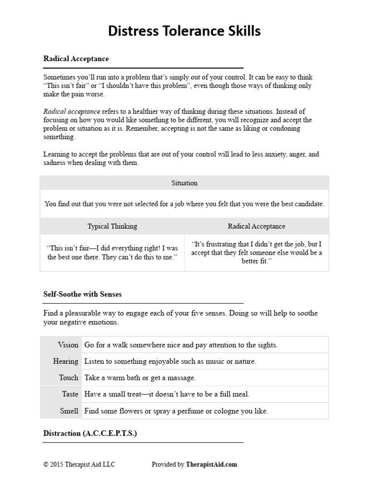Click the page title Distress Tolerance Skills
(x=184, y=31)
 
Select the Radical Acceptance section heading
(x=76, y=59)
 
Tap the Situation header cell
(x=184, y=183)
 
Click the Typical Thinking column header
(x=112, y=226)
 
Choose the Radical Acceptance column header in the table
(x=257, y=226)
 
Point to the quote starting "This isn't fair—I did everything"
(x=112, y=253)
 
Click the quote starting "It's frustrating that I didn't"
(x=257, y=253)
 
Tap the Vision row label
(x=68, y=344)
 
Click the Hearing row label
(x=66, y=361)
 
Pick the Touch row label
(x=68, y=378)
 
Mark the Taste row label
(x=70, y=394)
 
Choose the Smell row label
(x=69, y=411)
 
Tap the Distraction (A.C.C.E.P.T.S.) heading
(x=90, y=433)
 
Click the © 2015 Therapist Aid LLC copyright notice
(x=79, y=464)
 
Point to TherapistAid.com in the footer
(x=211, y=464)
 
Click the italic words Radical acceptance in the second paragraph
(x=72, y=111)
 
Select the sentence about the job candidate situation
(x=184, y=204)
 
